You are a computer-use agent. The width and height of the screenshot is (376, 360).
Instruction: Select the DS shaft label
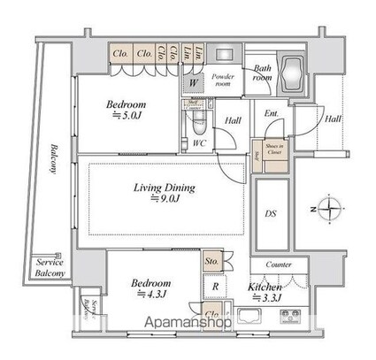(x=272, y=213)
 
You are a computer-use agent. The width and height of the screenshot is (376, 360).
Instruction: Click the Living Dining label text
(x=164, y=188)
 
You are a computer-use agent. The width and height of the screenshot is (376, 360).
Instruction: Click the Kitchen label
(x=265, y=288)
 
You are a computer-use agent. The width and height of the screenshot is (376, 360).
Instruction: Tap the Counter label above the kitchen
(x=280, y=264)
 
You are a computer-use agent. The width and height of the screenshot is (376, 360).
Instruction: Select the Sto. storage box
(x=211, y=262)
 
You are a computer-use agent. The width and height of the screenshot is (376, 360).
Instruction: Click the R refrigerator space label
(x=216, y=287)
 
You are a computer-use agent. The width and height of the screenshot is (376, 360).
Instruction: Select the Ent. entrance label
(x=271, y=112)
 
